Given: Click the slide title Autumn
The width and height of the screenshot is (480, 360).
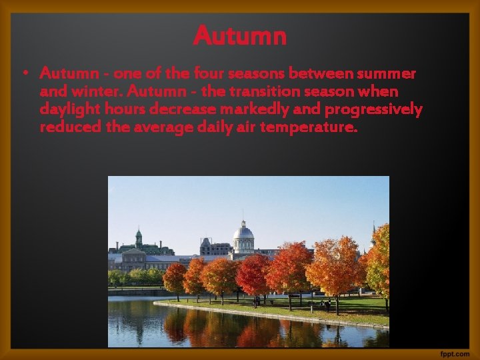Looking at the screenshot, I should point(240,35).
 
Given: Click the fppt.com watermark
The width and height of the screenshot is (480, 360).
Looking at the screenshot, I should point(455,352).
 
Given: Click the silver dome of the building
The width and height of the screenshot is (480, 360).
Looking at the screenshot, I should point(243,233).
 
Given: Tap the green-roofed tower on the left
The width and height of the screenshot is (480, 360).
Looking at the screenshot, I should point(139,239).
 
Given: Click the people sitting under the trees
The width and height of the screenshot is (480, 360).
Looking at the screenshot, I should point(325,305).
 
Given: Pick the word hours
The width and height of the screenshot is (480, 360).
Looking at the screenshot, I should point(129,108).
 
